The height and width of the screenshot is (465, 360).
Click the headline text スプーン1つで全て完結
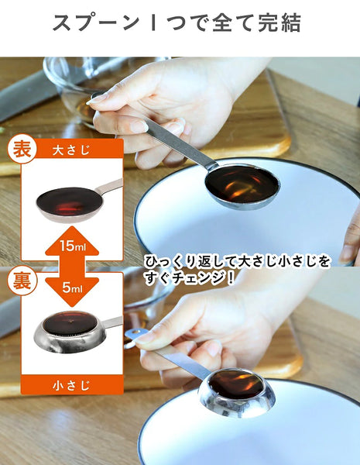point(177,22)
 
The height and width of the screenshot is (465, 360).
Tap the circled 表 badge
point(22,149)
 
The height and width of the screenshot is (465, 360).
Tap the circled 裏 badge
point(22,281)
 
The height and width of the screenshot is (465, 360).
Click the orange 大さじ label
point(72,150)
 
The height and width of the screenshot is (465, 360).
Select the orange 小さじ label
point(72,385)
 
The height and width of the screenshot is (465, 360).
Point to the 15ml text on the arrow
point(72,246)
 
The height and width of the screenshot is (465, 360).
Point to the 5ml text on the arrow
point(72,287)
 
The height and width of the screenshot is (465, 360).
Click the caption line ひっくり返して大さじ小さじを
point(237,262)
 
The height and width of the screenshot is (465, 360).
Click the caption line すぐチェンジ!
point(190,278)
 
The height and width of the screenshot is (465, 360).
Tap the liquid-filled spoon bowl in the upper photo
point(242,184)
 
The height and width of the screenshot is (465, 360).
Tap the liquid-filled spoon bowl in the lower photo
point(236,385)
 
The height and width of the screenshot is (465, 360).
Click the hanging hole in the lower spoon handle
point(134,332)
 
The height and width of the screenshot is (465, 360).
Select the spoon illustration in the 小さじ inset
point(77,331)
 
